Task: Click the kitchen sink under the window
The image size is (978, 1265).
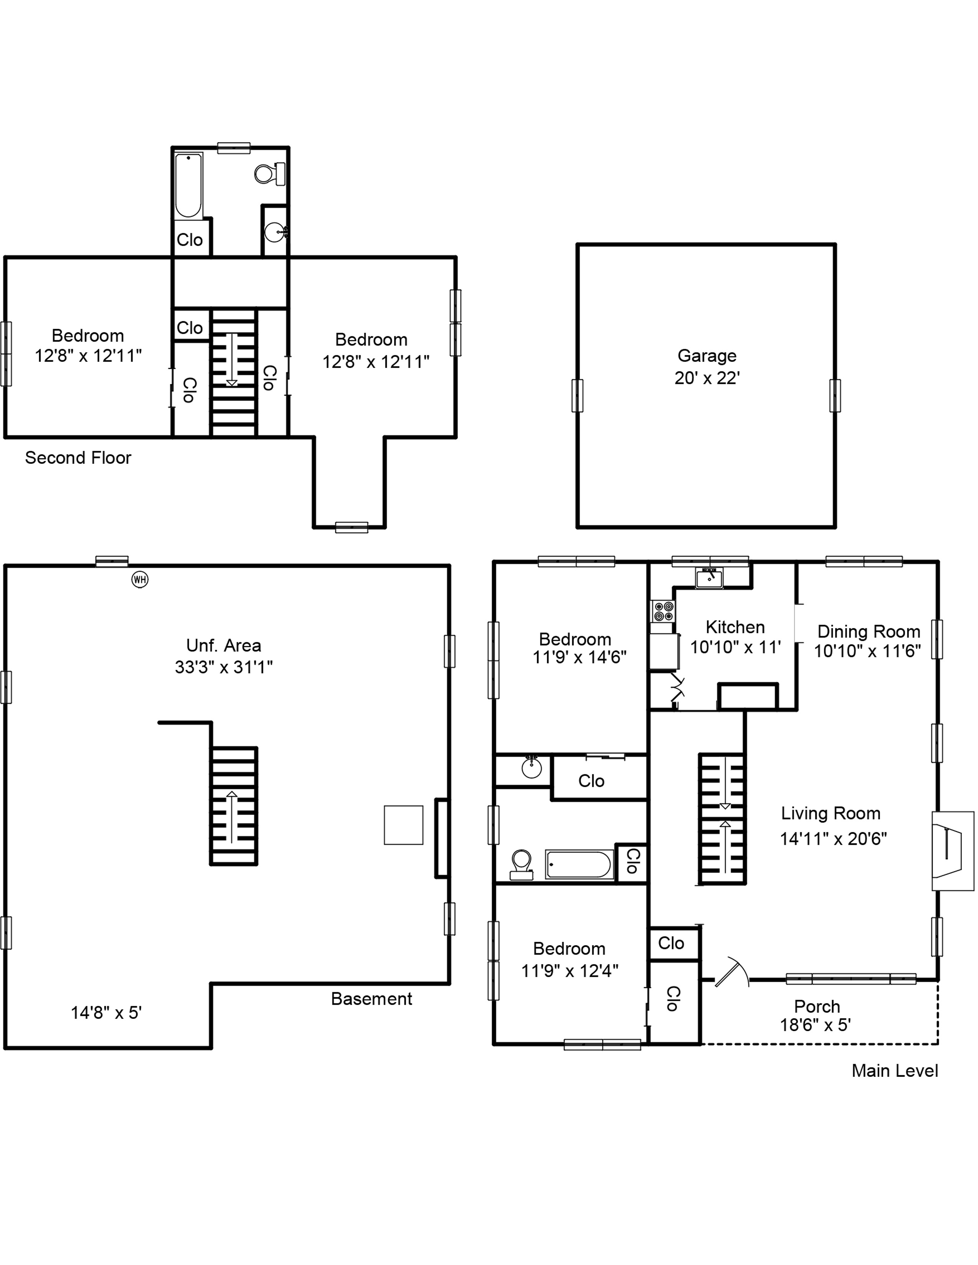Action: pyautogui.click(x=709, y=577)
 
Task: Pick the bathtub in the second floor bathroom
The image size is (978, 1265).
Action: pyautogui.click(x=188, y=186)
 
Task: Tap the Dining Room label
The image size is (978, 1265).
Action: pyautogui.click(x=868, y=631)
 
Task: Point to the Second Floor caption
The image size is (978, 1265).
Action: pyautogui.click(x=78, y=458)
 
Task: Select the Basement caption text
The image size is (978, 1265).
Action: pyautogui.click(x=371, y=999)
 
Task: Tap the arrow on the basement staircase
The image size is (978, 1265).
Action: pyautogui.click(x=232, y=816)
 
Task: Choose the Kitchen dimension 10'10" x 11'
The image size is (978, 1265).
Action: pyautogui.click(x=735, y=647)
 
